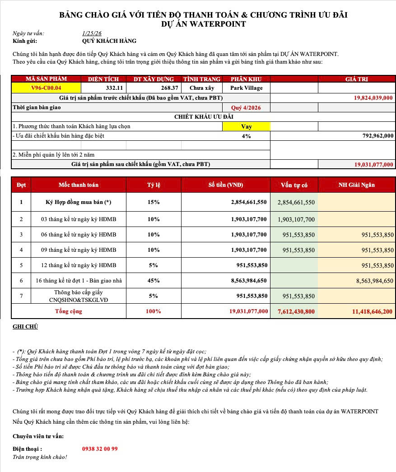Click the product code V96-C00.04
pos(46,88)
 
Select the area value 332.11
pos(114,88)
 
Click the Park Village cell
pos(246,88)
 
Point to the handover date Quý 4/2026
pos(246,108)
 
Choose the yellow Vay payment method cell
pos(246,127)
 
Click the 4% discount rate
pos(246,136)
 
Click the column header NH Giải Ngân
pos(357,185)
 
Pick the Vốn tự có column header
pos(294,185)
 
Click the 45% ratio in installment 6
pos(154,281)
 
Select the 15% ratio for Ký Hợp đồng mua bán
pos(154,202)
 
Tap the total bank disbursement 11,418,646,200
pos(372,311)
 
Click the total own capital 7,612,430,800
pos(296,311)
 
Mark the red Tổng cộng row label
pos(69,311)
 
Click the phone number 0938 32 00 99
pos(100,449)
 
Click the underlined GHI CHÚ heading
pos(25,326)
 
